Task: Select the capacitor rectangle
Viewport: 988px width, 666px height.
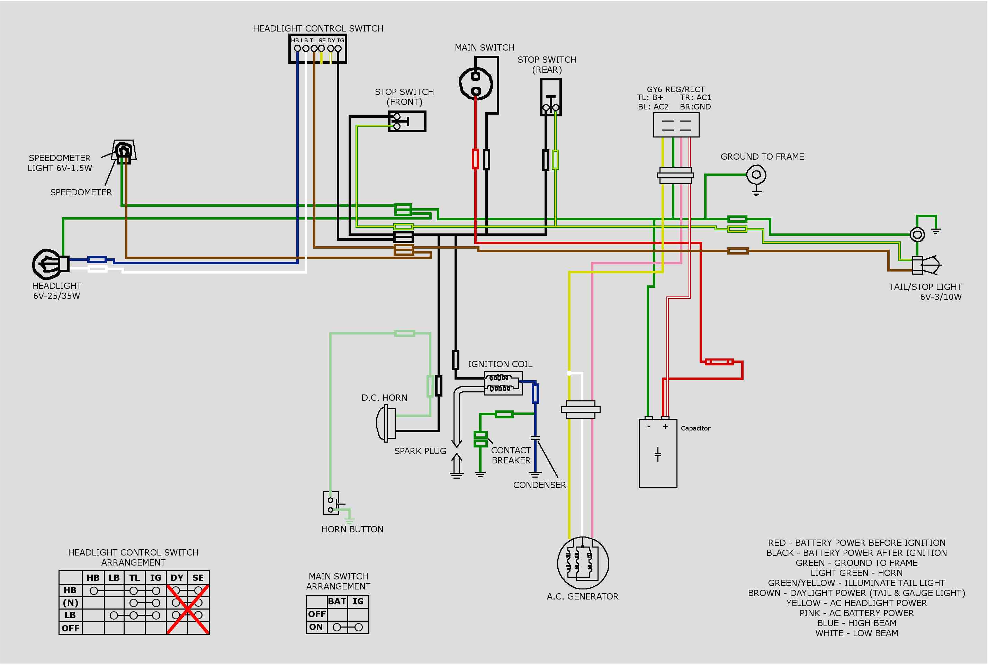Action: click(x=658, y=453)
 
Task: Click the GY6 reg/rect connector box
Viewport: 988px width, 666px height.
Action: click(x=676, y=125)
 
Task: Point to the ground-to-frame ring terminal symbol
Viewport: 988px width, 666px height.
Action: click(x=756, y=175)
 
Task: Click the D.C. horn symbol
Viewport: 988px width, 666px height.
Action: click(x=386, y=423)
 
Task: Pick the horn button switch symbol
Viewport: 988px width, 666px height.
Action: click(x=331, y=504)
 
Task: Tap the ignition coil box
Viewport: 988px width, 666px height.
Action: click(x=503, y=383)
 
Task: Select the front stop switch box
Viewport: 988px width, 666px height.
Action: click(x=407, y=122)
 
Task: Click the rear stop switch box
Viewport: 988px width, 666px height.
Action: click(x=551, y=97)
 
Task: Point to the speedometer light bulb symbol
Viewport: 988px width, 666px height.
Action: click(x=124, y=150)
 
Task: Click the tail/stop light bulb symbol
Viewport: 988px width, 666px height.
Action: click(x=926, y=265)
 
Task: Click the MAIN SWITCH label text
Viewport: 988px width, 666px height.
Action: click(x=484, y=47)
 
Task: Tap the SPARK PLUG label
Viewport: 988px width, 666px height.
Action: click(x=420, y=451)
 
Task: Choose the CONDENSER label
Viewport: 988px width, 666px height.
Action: click(x=539, y=485)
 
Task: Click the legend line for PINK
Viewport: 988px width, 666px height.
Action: click(x=856, y=613)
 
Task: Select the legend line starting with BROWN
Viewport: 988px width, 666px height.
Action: click(x=856, y=593)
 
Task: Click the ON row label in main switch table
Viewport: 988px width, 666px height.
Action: click(x=316, y=627)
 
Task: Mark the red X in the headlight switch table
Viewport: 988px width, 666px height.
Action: click(x=188, y=610)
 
